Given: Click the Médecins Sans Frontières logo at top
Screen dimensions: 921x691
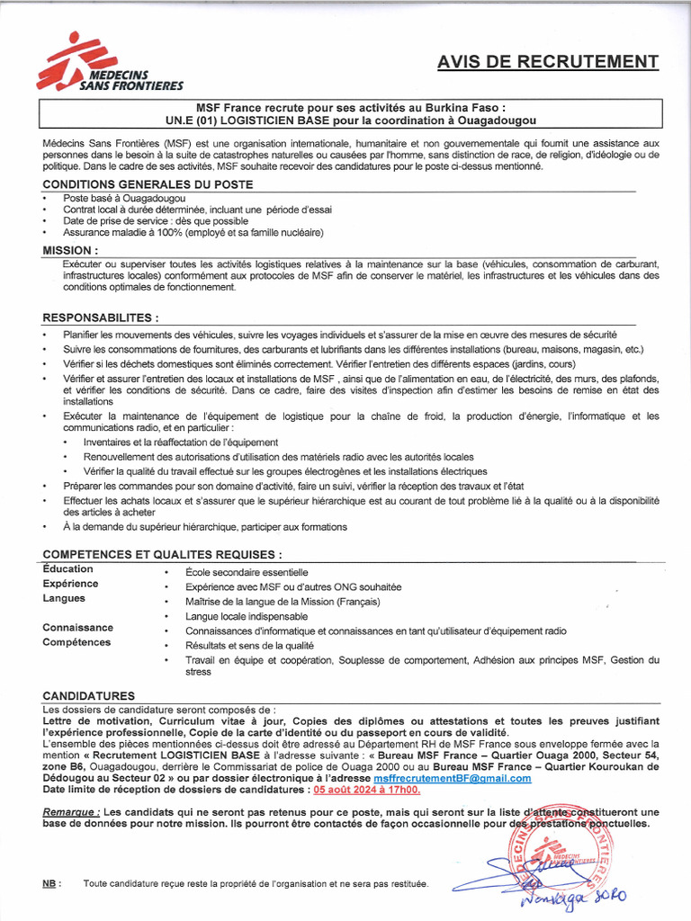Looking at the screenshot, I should pos(109,63).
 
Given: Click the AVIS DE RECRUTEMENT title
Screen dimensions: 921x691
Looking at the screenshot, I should pos(547,61).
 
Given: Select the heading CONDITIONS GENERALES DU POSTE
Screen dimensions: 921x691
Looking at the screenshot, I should pos(148,184).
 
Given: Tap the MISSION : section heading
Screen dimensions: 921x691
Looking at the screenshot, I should pos(70,250).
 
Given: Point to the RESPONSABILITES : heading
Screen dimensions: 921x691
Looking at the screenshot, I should pos(101,317).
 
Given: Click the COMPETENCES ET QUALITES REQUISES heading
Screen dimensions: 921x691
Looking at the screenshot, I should pos(162,555).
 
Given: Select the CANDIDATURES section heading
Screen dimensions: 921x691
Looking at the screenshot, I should pos(89,695).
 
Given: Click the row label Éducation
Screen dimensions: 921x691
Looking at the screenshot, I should pos(67,569).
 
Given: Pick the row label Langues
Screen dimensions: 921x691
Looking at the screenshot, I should pos(64,598).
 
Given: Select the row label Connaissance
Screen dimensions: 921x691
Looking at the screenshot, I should pos(77,628).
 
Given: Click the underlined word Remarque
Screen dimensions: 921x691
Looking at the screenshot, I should pos(70,811).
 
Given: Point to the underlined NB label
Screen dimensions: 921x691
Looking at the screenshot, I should pos(51,884).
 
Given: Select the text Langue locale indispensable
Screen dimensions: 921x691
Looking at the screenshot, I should pos(247,617).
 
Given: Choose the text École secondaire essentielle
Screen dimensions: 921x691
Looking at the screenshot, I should pos(247,572).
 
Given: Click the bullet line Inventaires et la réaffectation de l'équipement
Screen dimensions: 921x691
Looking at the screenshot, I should pos(180,443).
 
